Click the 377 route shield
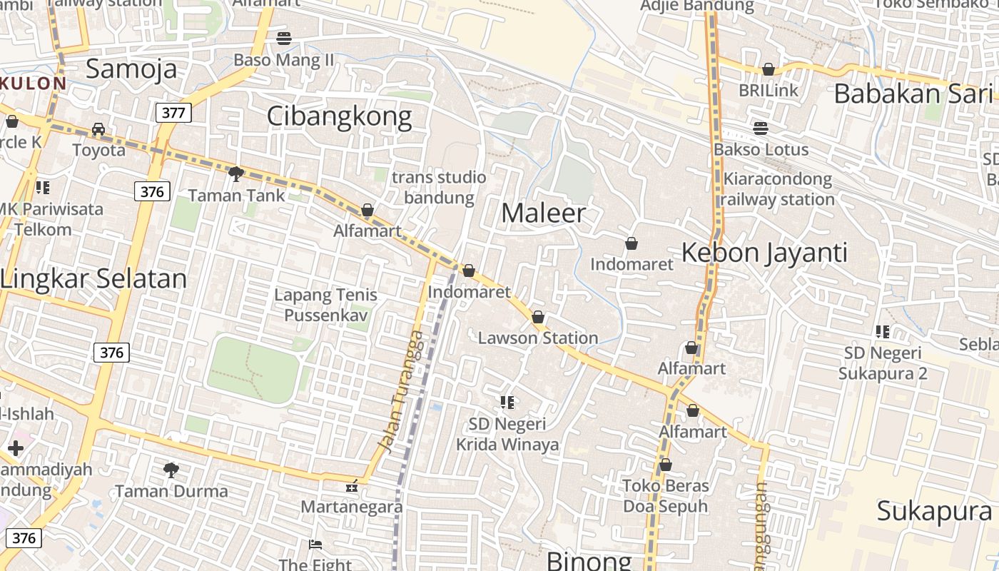coord(173,112)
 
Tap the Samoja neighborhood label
coord(131,69)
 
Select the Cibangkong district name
coord(340,116)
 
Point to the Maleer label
coord(544,213)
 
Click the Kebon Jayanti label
coord(764,253)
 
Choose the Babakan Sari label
coord(913,94)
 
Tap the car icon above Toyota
coord(98,129)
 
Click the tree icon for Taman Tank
coord(235,173)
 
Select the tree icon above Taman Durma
coord(171,470)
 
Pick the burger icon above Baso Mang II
coord(283,39)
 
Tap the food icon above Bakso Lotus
coord(761,128)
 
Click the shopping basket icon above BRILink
coord(769,69)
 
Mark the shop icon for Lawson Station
coord(538,317)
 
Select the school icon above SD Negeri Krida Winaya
coord(507,403)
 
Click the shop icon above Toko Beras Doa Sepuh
coord(666,465)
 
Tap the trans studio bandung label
coord(439,187)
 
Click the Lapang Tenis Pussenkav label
coord(325,305)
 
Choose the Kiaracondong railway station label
coord(777,188)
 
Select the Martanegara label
coord(352,507)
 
